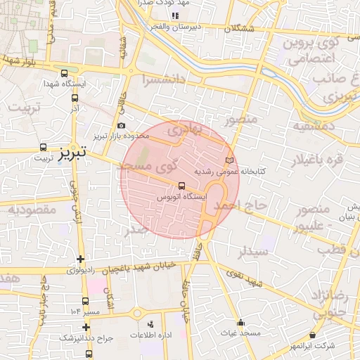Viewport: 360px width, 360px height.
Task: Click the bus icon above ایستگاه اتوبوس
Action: tap(182, 186)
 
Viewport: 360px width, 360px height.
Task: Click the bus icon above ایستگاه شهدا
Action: tap(65, 73)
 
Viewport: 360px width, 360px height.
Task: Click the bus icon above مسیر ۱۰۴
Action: tap(75, 310)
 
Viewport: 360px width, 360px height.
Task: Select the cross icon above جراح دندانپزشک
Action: tap(86, 327)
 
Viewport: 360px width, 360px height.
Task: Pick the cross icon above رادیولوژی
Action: tap(82, 259)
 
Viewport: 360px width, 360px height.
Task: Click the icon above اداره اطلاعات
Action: tap(150, 324)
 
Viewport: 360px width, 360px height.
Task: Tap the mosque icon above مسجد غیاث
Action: tap(241, 323)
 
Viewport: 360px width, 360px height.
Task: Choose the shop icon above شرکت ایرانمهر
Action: tap(314, 336)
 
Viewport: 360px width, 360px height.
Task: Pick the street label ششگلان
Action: tap(240, 29)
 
